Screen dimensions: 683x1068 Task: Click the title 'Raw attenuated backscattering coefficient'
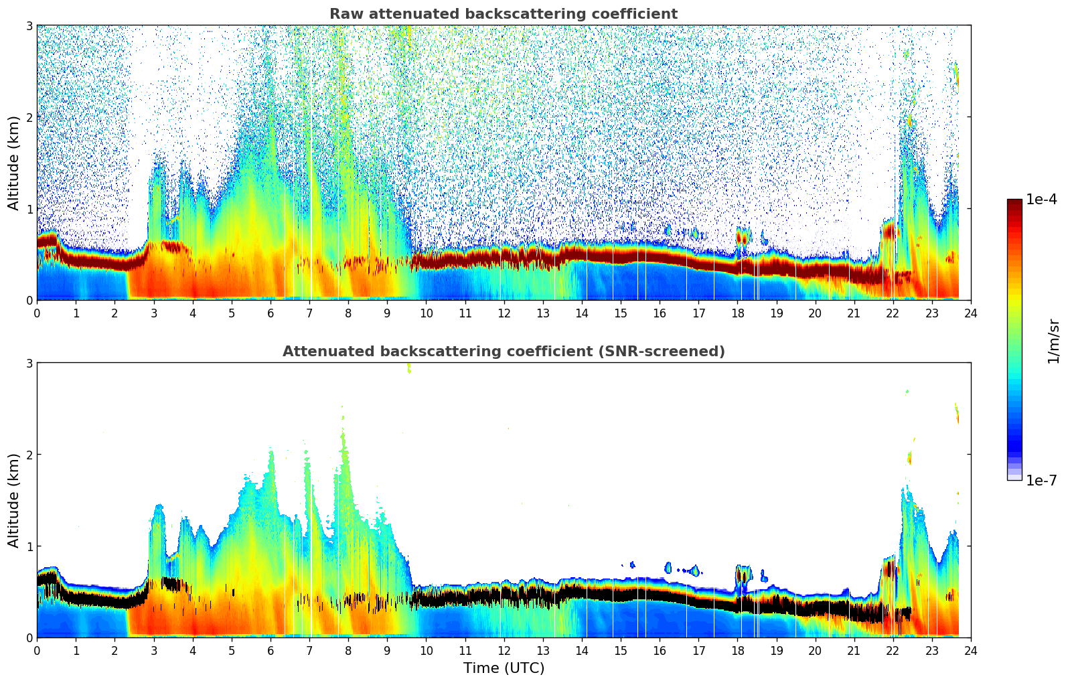503,14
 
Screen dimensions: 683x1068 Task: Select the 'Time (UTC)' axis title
504,668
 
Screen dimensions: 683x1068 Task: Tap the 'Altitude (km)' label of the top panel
13,163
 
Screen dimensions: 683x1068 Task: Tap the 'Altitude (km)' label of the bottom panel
13,500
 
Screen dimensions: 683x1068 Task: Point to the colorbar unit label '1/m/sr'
1053,341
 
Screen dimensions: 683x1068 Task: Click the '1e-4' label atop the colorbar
1041,200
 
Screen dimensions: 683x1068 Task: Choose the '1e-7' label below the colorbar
1041,480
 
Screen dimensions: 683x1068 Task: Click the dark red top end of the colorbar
1014,202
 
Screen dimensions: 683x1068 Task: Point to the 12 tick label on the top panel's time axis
504,313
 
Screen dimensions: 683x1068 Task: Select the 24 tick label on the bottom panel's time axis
970,650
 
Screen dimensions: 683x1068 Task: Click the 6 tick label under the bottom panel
271,650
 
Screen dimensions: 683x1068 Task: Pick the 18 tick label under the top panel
737,313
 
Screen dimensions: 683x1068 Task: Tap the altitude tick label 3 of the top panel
29,25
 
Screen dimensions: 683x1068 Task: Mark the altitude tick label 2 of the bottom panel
29,455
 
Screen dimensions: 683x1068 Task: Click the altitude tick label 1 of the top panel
29,209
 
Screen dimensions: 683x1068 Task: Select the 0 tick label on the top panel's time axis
37,313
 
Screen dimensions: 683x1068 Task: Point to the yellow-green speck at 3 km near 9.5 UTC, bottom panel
408,368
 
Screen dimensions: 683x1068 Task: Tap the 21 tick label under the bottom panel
854,650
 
